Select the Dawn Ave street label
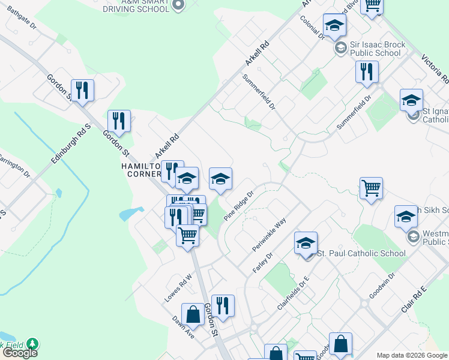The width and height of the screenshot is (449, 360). (184, 327)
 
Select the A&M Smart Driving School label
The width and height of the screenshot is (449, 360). (136, 6)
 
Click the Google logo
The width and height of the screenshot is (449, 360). (20, 353)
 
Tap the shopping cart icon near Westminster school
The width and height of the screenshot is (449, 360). (371, 188)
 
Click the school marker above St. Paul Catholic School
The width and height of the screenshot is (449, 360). (306, 242)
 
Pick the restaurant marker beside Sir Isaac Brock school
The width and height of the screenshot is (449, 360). (366, 71)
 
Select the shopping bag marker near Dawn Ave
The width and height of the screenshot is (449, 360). (193, 314)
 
